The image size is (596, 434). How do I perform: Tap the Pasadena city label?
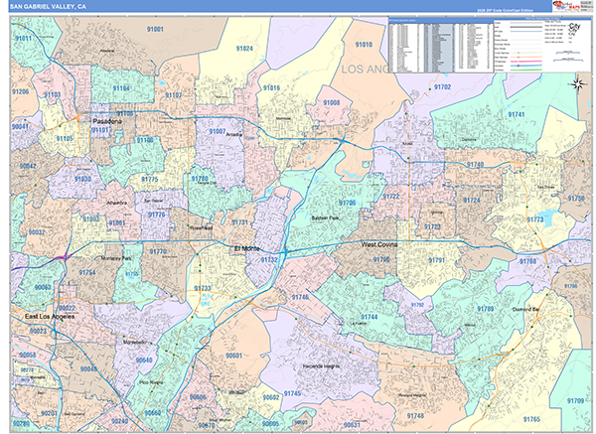[105, 121]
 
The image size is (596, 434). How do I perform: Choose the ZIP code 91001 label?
[156, 31]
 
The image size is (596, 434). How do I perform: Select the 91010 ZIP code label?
[364, 45]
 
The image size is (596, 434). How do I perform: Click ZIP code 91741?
[517, 115]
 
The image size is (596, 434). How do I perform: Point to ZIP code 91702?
[442, 87]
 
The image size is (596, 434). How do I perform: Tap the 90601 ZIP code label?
[234, 355]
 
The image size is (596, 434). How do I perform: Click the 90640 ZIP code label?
[145, 360]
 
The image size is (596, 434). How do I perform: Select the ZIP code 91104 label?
[120, 88]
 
